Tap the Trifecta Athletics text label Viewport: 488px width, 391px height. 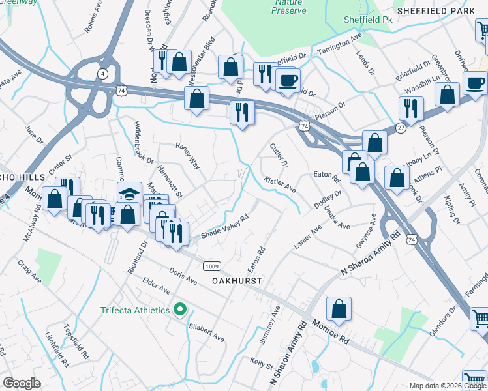[134, 310]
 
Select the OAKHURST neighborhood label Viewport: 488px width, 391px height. [236, 280]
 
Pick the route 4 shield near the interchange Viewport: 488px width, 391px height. [103, 74]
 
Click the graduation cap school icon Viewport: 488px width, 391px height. [129, 194]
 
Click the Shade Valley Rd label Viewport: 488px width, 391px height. [225, 227]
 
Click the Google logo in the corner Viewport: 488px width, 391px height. [22, 383]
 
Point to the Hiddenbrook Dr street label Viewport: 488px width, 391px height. [142, 142]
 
